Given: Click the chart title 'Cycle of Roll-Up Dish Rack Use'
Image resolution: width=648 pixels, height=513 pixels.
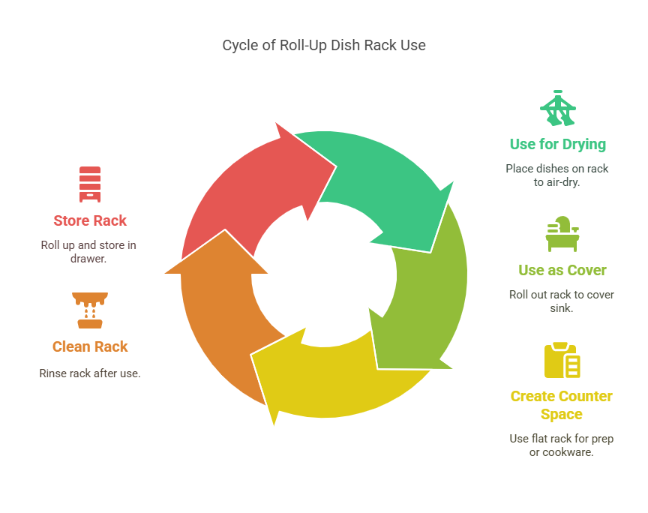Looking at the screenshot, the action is tap(324, 45).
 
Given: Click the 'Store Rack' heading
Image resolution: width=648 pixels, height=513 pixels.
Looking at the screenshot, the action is tap(90, 220).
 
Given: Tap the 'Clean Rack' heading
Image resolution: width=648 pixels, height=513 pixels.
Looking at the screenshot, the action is tap(90, 346).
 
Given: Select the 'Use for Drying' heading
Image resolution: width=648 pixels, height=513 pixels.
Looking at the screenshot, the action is tap(557, 144).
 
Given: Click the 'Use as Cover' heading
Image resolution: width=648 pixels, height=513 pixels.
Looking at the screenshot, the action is tap(562, 270).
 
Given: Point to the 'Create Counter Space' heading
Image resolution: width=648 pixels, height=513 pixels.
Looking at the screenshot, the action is tap(561, 405).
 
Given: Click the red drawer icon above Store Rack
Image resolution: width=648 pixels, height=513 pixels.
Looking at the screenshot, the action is tap(90, 184).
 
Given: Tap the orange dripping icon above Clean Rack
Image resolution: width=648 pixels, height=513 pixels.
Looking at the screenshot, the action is tap(90, 310).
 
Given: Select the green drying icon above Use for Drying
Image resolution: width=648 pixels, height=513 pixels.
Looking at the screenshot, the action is tap(558, 109).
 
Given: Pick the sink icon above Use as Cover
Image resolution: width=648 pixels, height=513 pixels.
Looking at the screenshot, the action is tap(562, 234).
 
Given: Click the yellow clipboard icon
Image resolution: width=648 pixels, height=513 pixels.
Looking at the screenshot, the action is tap(562, 361).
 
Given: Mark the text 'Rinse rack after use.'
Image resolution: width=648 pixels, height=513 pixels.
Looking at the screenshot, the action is tap(90, 373).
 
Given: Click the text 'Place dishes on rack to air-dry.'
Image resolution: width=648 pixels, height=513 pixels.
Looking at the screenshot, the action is tap(557, 175).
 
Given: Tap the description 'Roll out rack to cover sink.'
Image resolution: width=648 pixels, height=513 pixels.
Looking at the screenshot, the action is tap(562, 301).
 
